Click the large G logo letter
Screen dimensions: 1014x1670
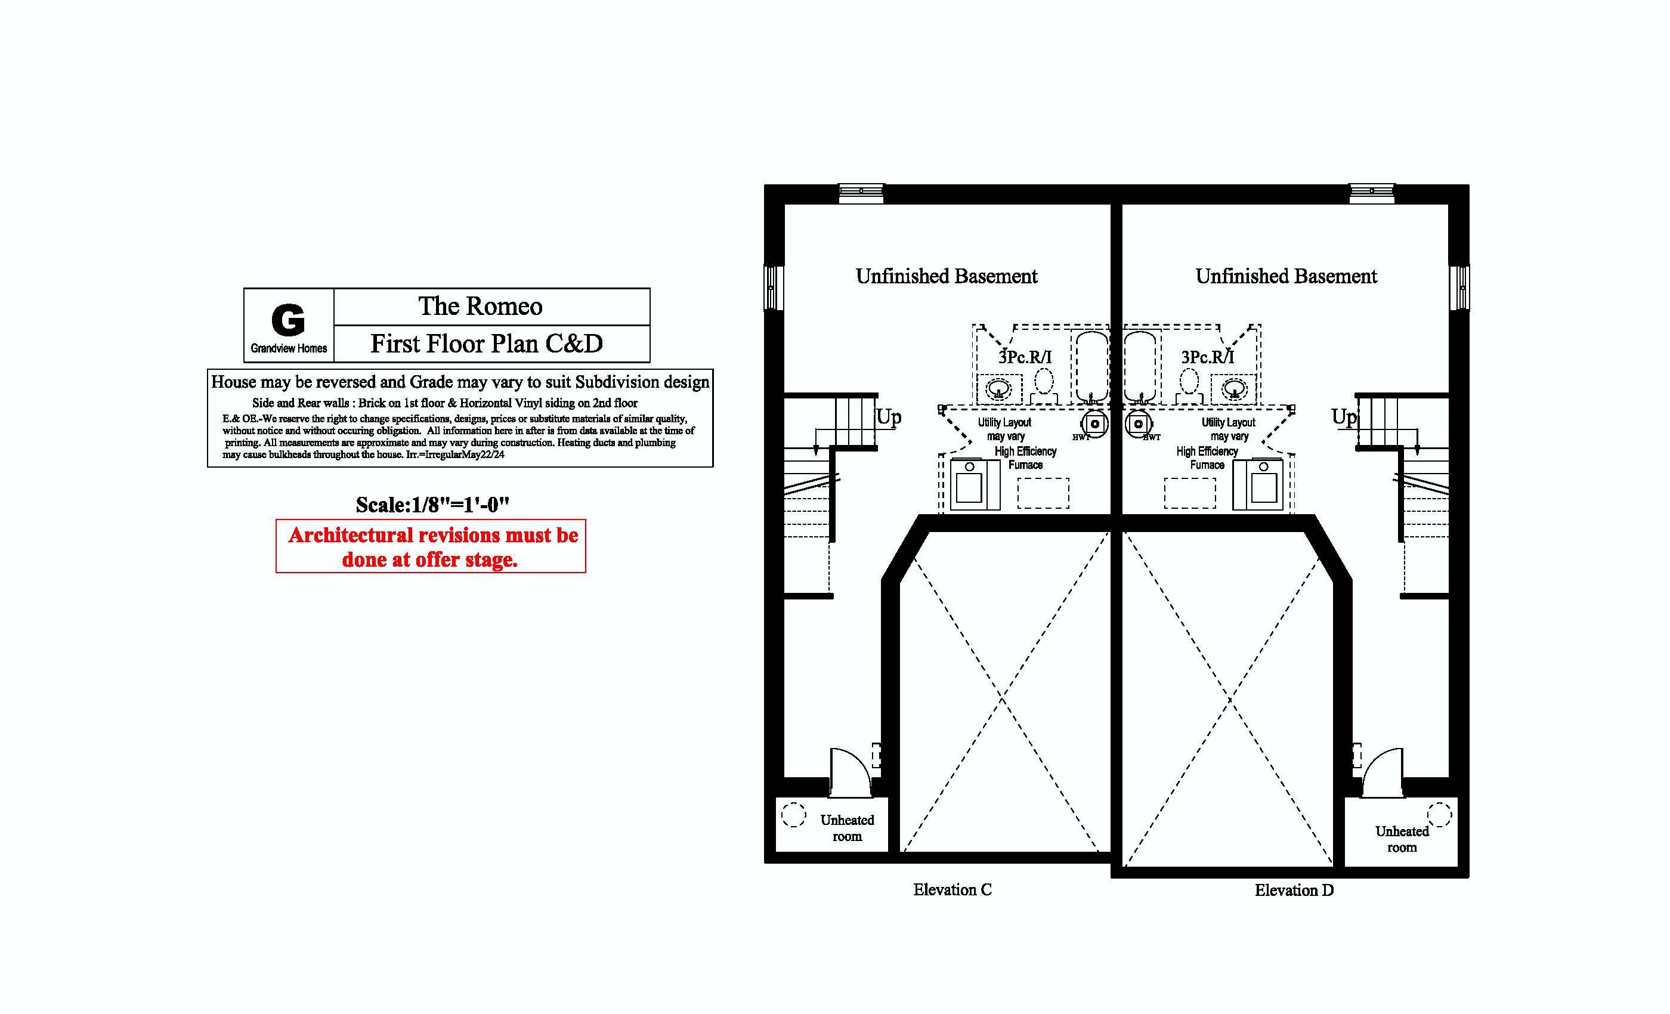click(x=288, y=320)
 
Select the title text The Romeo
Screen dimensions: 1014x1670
click(x=480, y=307)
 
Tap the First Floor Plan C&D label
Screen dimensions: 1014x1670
click(x=486, y=344)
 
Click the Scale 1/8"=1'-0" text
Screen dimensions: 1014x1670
click(x=432, y=505)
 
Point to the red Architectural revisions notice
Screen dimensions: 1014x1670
click(x=431, y=547)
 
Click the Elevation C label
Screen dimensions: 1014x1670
click(x=952, y=890)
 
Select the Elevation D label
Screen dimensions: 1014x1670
click(x=1294, y=891)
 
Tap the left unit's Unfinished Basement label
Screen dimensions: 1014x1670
click(x=946, y=277)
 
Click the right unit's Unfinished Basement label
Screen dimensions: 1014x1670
click(x=1286, y=277)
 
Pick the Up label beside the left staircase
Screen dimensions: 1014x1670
click(x=889, y=416)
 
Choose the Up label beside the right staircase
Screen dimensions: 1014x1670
click(x=1343, y=416)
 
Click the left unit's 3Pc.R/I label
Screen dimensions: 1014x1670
click(x=1025, y=357)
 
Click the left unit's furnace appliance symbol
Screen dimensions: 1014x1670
click(x=975, y=484)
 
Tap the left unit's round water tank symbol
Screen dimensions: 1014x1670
click(x=1094, y=424)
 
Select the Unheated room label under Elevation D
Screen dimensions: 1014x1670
click(x=1402, y=839)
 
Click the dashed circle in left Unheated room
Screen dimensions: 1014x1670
click(x=794, y=815)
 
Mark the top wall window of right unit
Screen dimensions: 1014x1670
click(x=1372, y=193)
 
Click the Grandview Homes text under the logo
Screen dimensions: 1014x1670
click(x=289, y=348)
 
